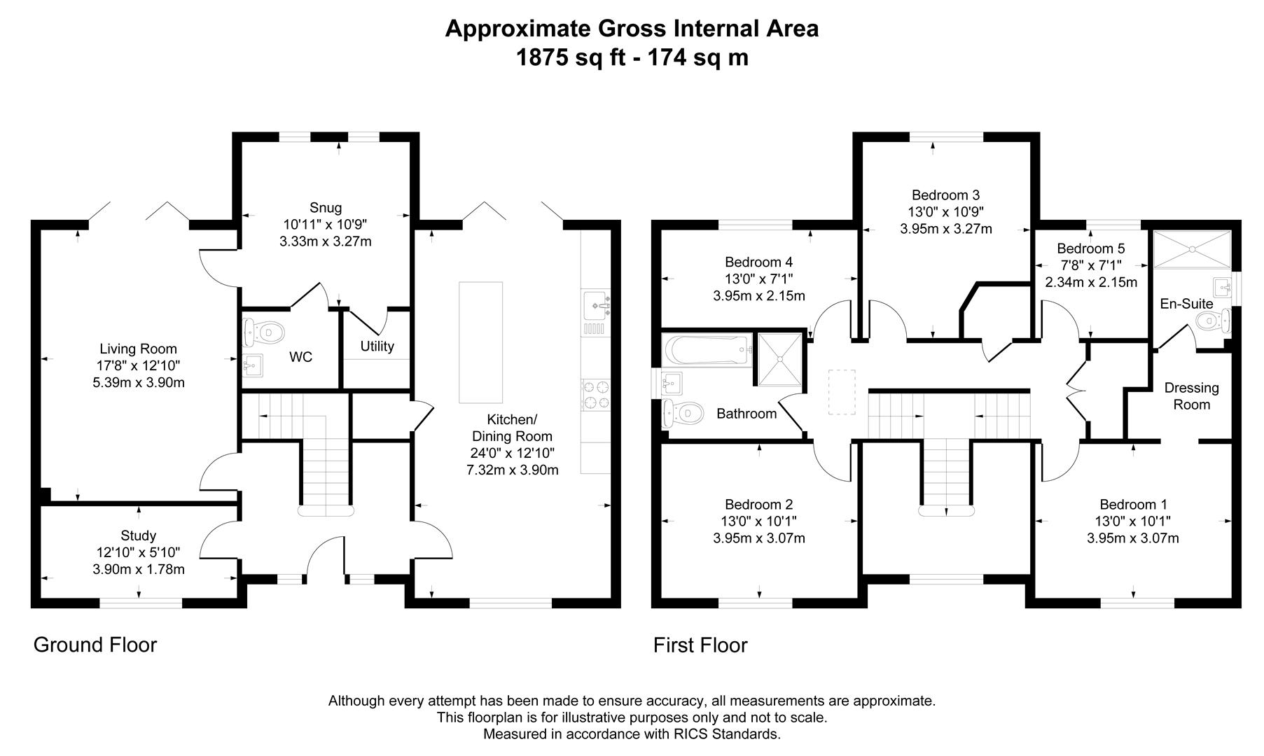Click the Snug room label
coord(325,207)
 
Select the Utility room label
coord(377,346)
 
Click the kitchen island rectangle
coord(480,342)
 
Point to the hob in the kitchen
coord(595,394)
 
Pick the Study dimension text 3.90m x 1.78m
coord(139,569)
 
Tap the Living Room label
coord(138,349)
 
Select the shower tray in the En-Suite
coord(1191,248)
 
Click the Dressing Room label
coord(1191,396)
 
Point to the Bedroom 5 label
coord(1090,248)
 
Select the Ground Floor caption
coord(95,645)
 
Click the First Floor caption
coord(700,645)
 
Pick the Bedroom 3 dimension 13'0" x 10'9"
coord(945,211)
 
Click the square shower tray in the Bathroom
coord(779,359)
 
